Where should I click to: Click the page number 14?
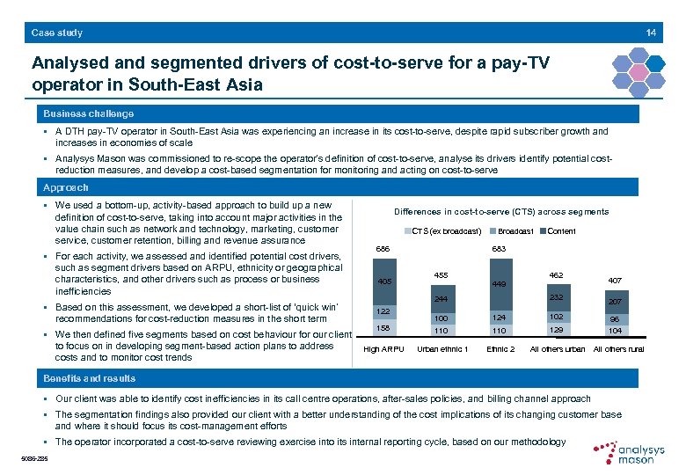(651, 33)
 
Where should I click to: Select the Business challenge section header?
(89, 114)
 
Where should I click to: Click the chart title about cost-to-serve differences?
(500, 212)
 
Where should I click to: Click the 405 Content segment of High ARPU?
(383, 282)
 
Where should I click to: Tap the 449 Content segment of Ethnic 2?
(500, 285)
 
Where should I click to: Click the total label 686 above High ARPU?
(383, 249)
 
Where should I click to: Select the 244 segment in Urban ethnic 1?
(442, 300)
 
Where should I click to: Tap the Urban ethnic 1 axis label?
(442, 349)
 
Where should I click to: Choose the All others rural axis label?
(618, 349)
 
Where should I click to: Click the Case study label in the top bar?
(57, 33)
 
